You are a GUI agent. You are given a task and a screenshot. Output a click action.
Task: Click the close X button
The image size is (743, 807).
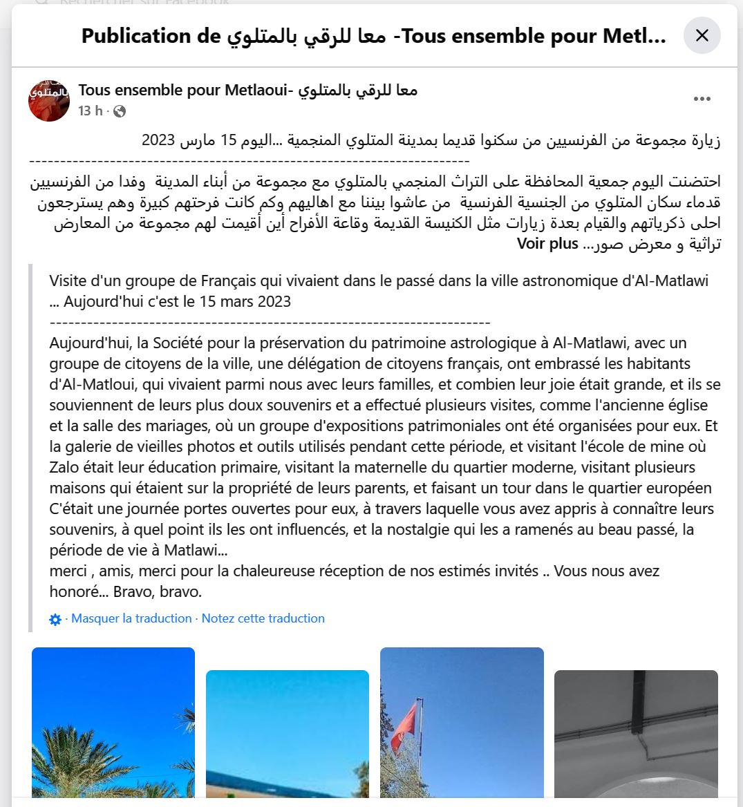pyautogui.click(x=702, y=35)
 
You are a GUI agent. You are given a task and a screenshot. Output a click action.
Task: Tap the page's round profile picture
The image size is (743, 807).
pyautogui.click(x=49, y=101)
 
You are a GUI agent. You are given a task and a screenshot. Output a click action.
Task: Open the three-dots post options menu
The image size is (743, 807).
pyautogui.click(x=702, y=99)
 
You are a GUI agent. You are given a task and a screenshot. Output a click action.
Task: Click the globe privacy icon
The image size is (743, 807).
pyautogui.click(x=120, y=111)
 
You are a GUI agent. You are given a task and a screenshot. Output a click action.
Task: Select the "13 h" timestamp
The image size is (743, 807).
pyautogui.click(x=90, y=111)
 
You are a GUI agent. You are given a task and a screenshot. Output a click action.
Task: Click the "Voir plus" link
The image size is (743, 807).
pyautogui.click(x=547, y=244)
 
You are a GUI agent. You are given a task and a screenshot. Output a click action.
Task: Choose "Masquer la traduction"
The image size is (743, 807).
pyautogui.click(x=131, y=618)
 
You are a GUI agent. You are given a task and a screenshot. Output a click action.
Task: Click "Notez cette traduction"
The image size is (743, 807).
pyautogui.click(x=263, y=618)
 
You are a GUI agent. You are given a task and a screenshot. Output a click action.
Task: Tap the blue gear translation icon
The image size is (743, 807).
pyautogui.click(x=55, y=619)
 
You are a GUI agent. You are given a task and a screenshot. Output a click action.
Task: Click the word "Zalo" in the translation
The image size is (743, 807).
pyautogui.click(x=64, y=467)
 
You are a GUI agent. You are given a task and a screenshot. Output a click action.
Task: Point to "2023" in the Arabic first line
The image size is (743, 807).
pyautogui.click(x=158, y=141)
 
